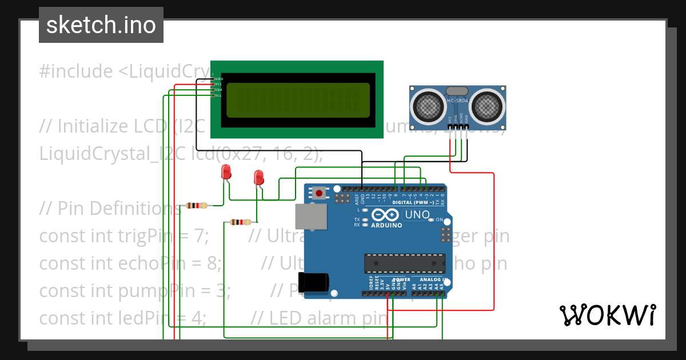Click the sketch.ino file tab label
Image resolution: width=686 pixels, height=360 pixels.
[x=101, y=25]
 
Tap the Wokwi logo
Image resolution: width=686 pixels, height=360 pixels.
[x=607, y=315]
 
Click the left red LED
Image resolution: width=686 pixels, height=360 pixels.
[x=226, y=171]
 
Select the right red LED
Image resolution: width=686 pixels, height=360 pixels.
[x=259, y=177]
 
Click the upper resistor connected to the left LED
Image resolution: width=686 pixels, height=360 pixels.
[x=196, y=206]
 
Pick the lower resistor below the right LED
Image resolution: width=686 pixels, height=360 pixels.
[x=240, y=222]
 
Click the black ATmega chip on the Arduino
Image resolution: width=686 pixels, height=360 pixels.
[x=405, y=263]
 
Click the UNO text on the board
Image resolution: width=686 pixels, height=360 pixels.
[x=417, y=215]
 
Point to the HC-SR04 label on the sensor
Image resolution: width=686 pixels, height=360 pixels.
[x=457, y=101]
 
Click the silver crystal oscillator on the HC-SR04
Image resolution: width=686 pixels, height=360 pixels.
[x=457, y=91]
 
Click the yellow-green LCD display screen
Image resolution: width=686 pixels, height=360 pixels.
[x=298, y=100]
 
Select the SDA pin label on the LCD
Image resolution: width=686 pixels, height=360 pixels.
[x=218, y=90]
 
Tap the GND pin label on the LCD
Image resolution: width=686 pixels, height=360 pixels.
[x=218, y=78]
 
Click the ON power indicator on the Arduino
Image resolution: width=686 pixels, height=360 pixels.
[x=439, y=219]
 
